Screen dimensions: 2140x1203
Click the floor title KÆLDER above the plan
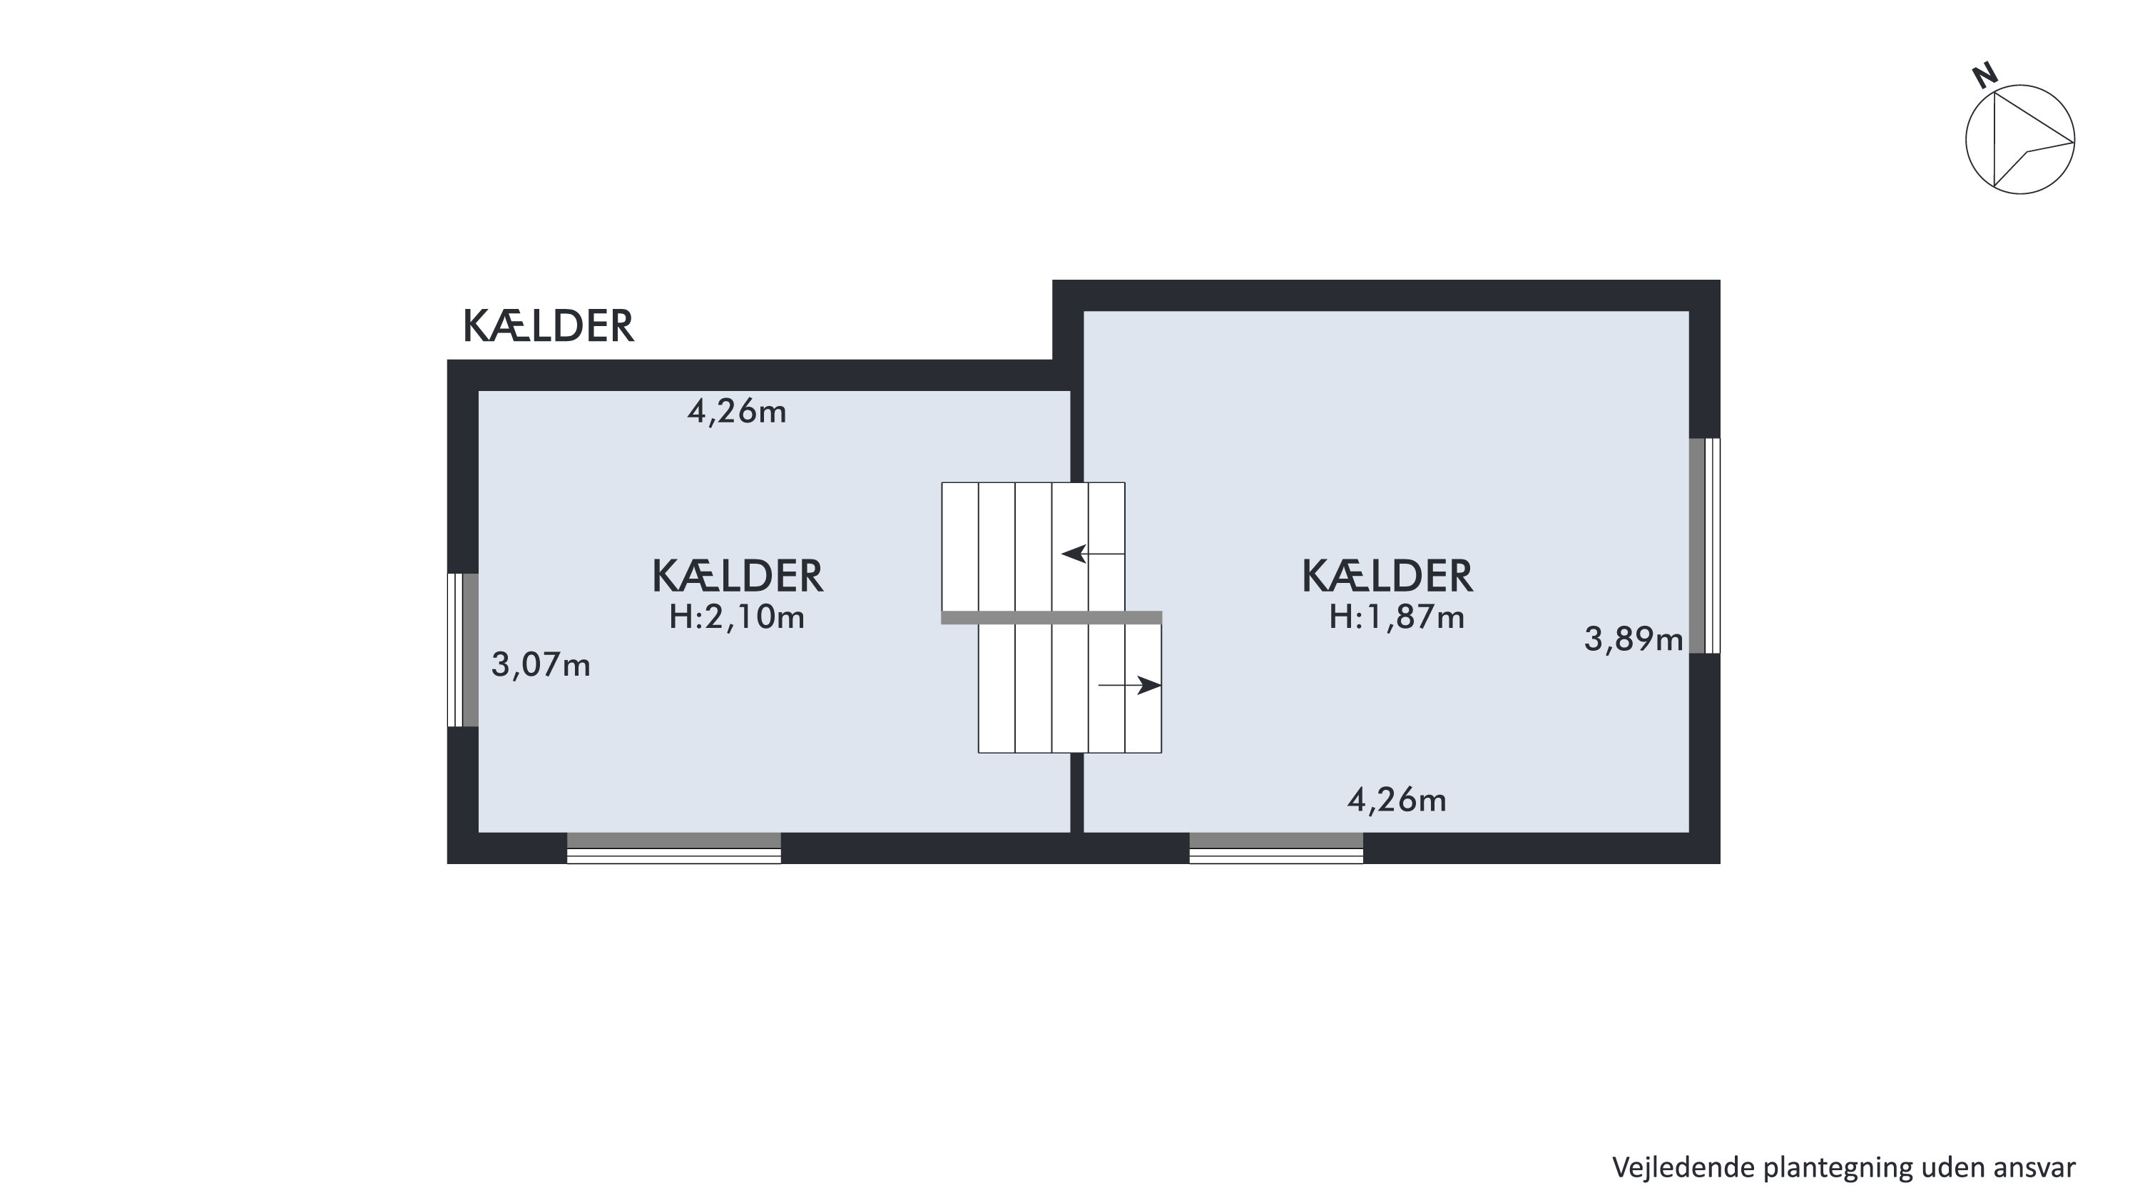[x=549, y=327]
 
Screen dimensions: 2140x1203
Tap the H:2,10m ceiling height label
[x=737, y=617]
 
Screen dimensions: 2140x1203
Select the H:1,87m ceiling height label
[x=1397, y=617]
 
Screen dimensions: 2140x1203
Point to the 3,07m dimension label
[x=541, y=666]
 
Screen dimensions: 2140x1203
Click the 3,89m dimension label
[x=1634, y=640]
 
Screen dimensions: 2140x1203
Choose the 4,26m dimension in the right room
[x=1397, y=801]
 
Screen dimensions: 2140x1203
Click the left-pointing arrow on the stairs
[x=1094, y=553]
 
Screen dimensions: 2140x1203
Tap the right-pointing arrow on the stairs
[x=1130, y=686]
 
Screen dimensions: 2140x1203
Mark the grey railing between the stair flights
[x=1051, y=617]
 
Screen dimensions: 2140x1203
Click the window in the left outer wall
[x=463, y=650]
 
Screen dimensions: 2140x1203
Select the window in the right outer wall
[x=1705, y=546]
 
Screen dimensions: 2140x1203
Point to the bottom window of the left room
[x=673, y=848]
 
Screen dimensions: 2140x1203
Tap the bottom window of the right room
[x=1276, y=848]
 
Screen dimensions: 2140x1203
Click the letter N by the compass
[x=1984, y=76]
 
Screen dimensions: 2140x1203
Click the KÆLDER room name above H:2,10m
[x=737, y=577]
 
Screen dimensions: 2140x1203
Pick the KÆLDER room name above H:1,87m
[x=1387, y=577]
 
